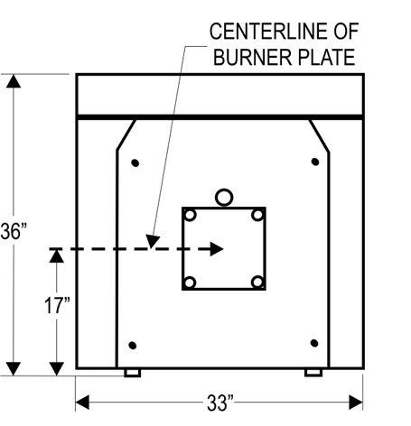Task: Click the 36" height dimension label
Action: [14, 231]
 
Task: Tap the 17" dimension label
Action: [57, 305]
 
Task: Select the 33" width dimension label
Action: [220, 403]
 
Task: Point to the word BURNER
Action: [252, 57]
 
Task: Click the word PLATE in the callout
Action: [326, 57]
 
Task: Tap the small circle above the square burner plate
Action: [224, 198]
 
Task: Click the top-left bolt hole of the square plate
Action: [190, 215]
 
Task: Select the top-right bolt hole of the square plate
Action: [257, 215]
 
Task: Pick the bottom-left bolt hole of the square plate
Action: [190, 282]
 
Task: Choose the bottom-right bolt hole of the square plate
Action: [257, 282]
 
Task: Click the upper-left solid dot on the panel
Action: [135, 163]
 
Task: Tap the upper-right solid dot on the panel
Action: [315, 162]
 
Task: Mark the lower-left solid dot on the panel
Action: [133, 346]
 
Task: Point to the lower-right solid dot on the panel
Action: [314, 343]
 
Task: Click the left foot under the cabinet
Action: [133, 373]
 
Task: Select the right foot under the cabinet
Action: [313, 373]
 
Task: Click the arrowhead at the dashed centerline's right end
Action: [217, 249]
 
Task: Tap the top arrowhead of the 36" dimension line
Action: [14, 81]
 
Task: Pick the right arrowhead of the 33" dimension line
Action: [356, 403]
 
